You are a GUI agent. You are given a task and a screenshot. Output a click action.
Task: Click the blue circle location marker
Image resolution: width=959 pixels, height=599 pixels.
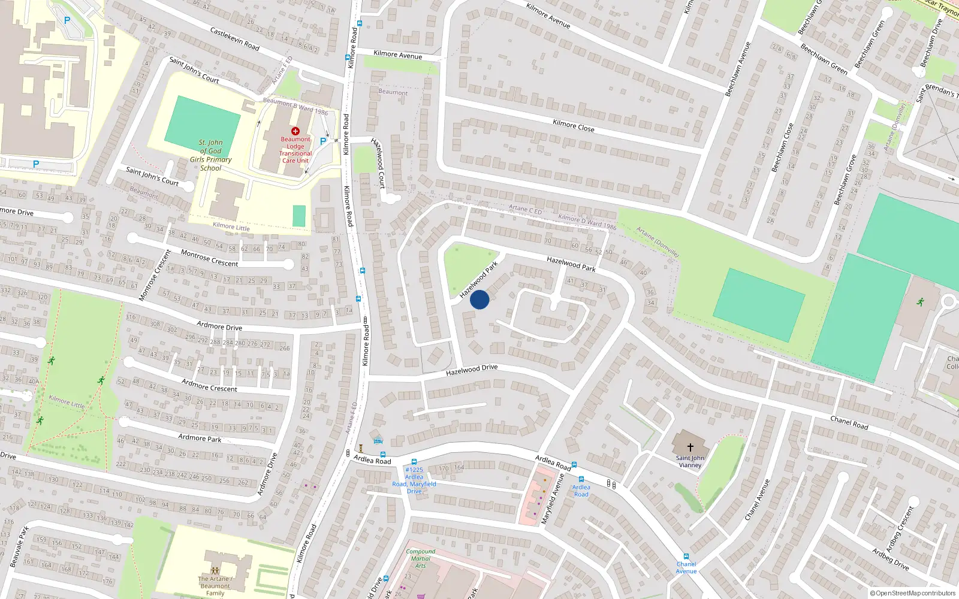tap(479, 299)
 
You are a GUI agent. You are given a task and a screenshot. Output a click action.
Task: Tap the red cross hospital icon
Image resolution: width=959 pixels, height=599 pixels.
tap(295, 131)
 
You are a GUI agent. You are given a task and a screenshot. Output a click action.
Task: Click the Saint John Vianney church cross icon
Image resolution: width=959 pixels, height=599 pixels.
tap(690, 447)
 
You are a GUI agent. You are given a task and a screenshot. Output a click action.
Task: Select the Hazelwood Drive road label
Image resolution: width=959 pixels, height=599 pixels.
tap(472, 370)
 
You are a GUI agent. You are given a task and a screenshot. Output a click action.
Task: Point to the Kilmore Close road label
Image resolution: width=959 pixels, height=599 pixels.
tap(574, 125)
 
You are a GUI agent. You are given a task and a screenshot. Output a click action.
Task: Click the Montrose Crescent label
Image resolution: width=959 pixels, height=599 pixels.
tap(209, 258)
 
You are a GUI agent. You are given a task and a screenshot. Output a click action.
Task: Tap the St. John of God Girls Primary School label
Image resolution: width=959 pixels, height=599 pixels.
tap(210, 156)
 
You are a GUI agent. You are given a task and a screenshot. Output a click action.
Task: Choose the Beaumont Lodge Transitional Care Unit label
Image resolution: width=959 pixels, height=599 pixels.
tap(295, 150)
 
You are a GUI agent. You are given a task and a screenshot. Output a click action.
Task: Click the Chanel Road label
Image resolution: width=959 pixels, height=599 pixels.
tap(849, 422)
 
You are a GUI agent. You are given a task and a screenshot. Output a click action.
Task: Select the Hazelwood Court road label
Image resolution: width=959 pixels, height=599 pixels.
tap(378, 162)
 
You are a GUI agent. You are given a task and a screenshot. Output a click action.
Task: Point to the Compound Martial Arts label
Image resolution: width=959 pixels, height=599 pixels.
tap(421, 558)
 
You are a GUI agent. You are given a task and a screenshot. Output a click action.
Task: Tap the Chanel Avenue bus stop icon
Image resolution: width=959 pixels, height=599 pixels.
tap(686, 556)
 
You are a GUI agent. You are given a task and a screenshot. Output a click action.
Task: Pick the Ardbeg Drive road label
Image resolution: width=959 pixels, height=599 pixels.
tap(890, 559)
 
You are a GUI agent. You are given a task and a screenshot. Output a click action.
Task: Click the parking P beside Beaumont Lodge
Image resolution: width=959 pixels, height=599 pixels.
tap(323, 141)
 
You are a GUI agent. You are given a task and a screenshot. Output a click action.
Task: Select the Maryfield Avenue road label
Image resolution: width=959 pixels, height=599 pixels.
tap(553, 498)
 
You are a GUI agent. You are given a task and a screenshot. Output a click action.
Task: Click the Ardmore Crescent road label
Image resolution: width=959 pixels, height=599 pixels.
tap(209, 385)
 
